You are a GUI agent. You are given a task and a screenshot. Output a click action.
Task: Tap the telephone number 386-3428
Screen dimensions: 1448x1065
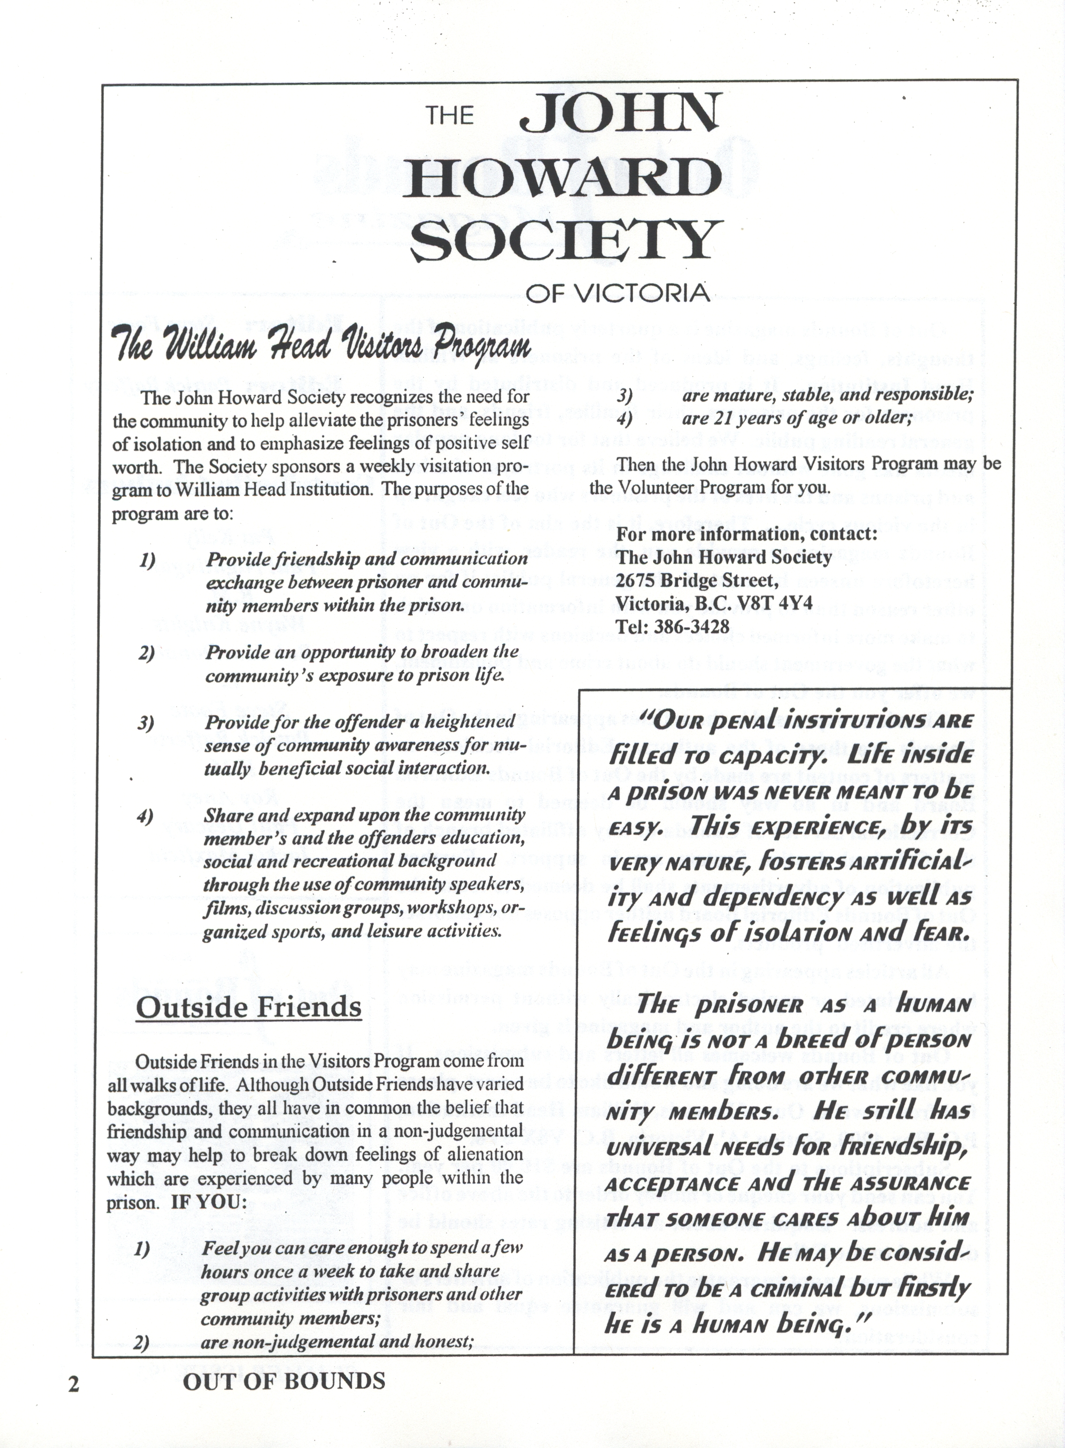click(692, 626)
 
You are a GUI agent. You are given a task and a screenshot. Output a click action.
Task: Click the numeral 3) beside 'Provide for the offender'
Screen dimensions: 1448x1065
click(146, 722)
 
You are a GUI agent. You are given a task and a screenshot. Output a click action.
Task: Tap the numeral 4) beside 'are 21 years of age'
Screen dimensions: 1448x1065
click(624, 418)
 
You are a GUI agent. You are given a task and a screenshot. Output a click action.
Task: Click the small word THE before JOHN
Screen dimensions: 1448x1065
click(449, 116)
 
